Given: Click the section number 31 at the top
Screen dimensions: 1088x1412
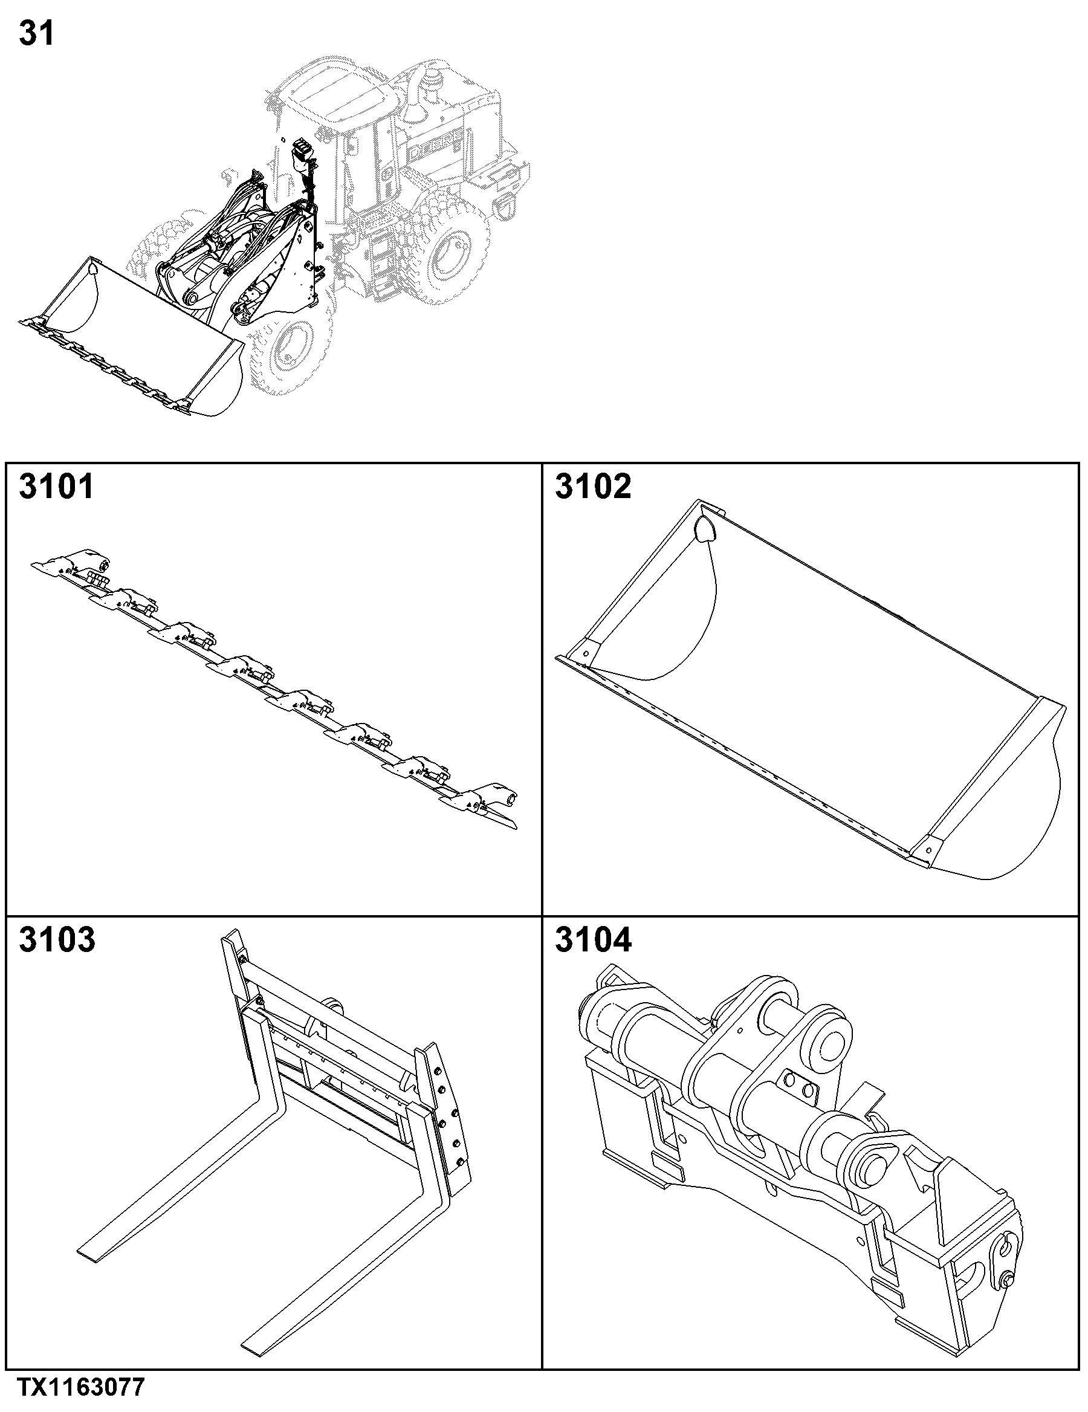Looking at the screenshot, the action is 36,34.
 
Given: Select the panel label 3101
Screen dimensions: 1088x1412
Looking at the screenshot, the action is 57,486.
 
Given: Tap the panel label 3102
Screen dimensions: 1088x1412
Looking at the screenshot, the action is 593,486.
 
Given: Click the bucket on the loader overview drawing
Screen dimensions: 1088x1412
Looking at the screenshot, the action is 129,336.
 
